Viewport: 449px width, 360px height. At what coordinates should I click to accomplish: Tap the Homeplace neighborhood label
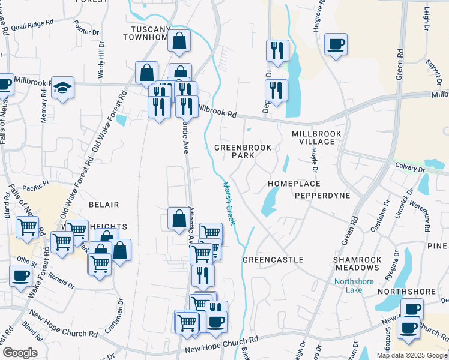pyautogui.click(x=294, y=184)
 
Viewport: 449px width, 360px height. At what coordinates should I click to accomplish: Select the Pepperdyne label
pyautogui.click(x=322, y=196)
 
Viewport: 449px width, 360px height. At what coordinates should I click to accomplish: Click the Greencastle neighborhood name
pyautogui.click(x=273, y=260)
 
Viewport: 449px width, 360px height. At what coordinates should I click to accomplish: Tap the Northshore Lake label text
pyautogui.click(x=354, y=286)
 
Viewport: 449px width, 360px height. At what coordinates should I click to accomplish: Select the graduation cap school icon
pyautogui.click(x=62, y=88)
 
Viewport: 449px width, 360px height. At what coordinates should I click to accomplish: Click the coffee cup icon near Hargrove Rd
pyautogui.click(x=336, y=44)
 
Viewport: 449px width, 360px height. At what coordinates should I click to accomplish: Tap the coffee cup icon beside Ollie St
pyautogui.click(x=21, y=275)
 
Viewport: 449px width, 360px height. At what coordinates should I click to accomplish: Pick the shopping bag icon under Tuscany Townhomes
pyautogui.click(x=179, y=41)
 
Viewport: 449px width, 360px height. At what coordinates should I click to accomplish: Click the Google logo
pyautogui.click(x=19, y=353)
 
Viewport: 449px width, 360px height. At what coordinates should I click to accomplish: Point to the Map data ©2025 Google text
pyautogui.click(x=411, y=355)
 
